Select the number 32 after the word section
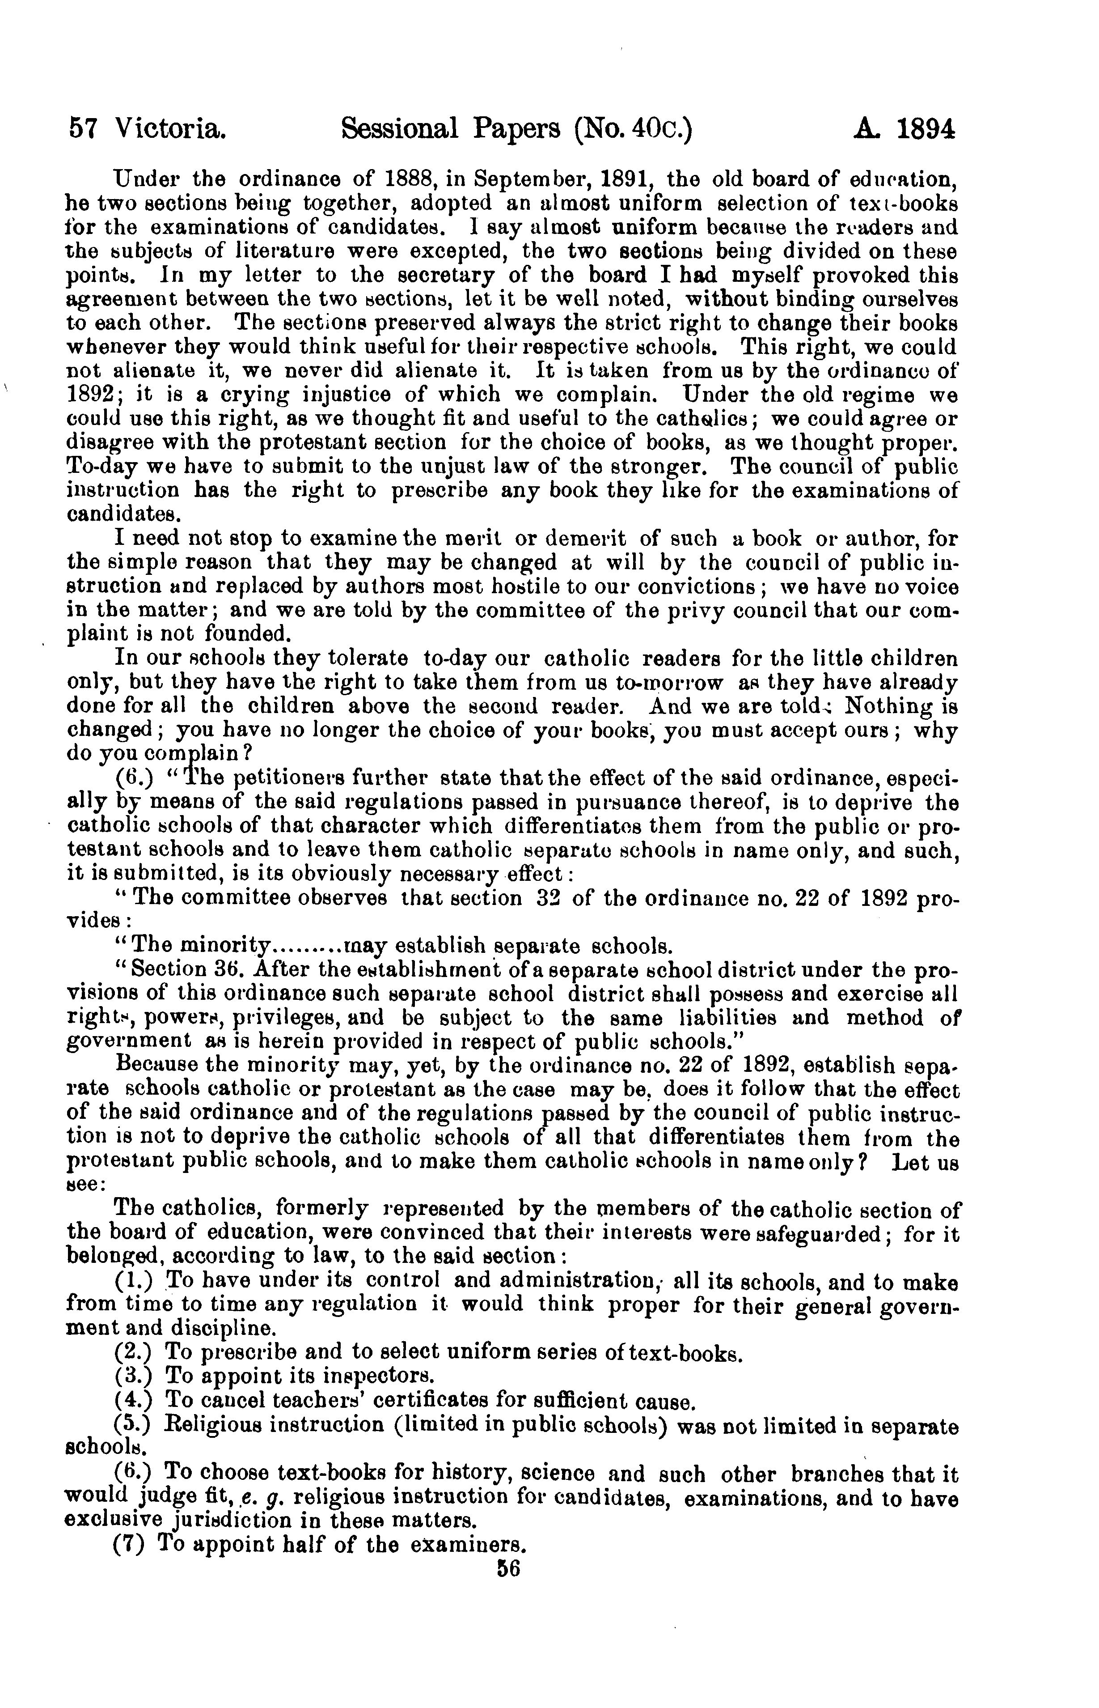click(547, 898)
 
